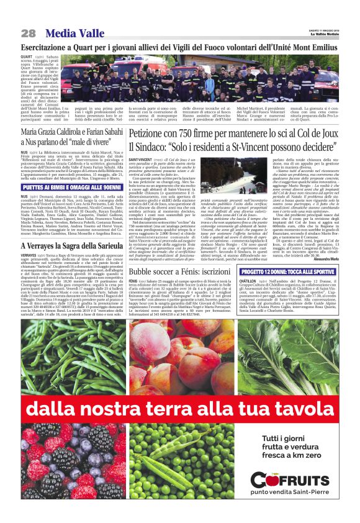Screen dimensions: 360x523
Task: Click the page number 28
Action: pos(28,32)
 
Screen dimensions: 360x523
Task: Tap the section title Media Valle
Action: pos(68,32)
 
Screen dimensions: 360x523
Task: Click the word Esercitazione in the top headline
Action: pos(44,47)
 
